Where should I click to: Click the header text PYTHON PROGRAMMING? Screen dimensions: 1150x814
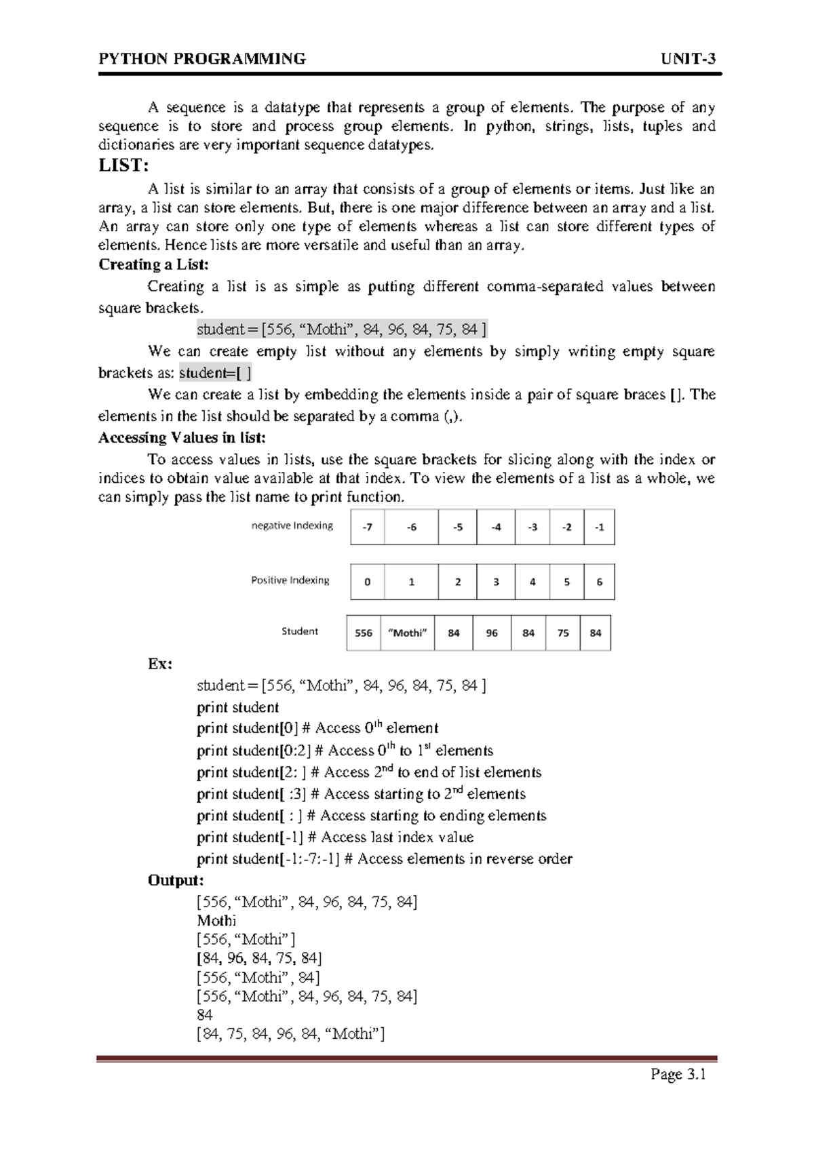[202, 59]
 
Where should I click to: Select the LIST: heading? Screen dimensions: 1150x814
[123, 165]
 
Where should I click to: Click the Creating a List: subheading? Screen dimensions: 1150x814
[153, 264]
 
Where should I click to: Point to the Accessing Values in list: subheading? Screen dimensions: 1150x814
[182, 438]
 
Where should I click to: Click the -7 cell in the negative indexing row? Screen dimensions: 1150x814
[367, 528]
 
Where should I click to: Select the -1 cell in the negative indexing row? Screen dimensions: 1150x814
[599, 528]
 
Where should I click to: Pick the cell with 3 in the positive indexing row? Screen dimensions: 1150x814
[496, 582]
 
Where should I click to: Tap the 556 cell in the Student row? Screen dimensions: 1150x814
[364, 633]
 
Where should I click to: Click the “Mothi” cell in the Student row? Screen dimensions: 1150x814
[407, 633]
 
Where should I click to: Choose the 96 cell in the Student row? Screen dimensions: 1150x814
[492, 633]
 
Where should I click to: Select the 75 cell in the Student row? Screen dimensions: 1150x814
[563, 633]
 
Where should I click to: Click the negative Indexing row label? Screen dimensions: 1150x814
[292, 526]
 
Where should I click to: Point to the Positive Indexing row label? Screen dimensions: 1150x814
[290, 580]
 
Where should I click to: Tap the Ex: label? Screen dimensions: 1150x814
[159, 664]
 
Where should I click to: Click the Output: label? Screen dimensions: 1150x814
[176, 881]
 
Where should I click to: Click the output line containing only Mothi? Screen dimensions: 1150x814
[216, 921]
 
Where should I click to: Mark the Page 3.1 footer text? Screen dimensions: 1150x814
[678, 1075]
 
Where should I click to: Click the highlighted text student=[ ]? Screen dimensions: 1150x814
[215, 373]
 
